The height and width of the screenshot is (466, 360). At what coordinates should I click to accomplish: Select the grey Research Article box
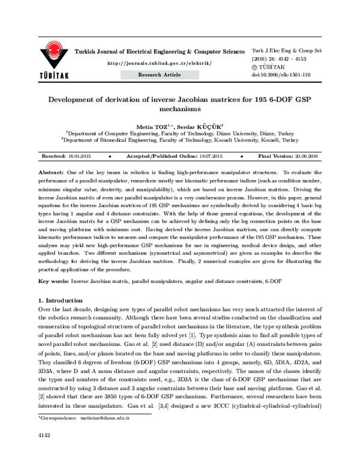[x=160, y=74]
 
